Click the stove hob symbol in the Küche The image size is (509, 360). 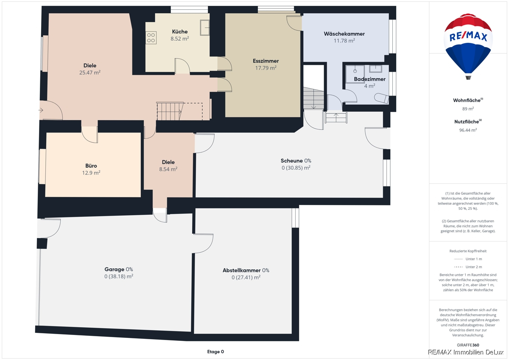pos(151,38)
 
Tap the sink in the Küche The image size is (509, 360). pos(204,28)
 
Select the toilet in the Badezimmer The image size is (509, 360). pos(381,98)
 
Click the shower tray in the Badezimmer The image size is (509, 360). pos(355,74)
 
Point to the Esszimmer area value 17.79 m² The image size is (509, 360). pos(266,68)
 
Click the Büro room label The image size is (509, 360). pos(91,166)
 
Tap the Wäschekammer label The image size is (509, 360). pos(344,34)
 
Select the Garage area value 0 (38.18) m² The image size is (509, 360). pos(119,276)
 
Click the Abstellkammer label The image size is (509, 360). pos(241,270)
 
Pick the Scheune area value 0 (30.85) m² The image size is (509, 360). pos(296,168)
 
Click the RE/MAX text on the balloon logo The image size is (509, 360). pos(468,37)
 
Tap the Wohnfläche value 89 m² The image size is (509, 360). pos(468,109)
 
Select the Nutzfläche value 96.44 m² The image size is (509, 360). pos(468,130)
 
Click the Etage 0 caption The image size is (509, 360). pos(215,352)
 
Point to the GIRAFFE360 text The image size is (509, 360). pos(468,345)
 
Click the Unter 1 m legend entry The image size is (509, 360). pos(468,259)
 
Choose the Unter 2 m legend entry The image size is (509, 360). pos(468,267)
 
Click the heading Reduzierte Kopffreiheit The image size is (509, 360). pos(468,251)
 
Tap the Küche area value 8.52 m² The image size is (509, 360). pos(180,39)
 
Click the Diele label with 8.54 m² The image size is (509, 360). pos(168,162)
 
